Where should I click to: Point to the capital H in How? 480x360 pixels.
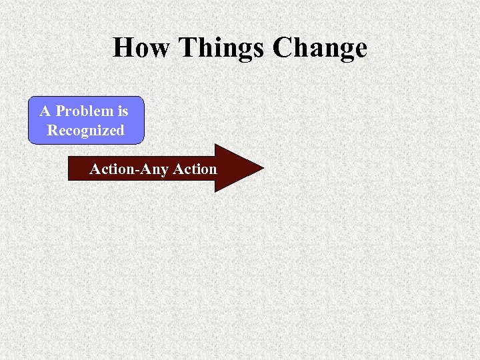(123, 48)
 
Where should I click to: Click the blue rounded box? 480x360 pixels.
(85, 121)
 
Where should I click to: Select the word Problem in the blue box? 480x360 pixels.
(83, 111)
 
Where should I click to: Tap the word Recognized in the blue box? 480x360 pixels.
(85, 131)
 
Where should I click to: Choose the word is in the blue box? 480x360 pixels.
(121, 111)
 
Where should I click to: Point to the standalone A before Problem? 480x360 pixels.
(45, 111)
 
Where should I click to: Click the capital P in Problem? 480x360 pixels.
(61, 111)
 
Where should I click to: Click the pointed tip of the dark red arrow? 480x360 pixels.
(262, 168)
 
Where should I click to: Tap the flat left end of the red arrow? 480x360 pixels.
(70, 169)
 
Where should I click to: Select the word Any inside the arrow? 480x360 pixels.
(155, 169)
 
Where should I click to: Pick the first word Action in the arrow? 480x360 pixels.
(111, 169)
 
